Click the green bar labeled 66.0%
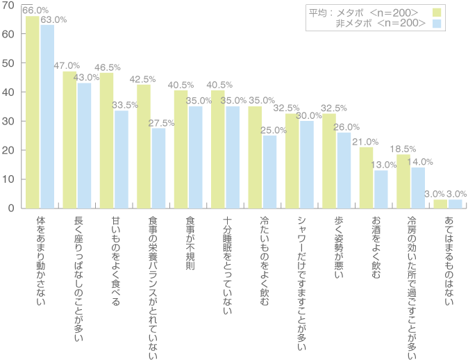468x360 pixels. (33, 111)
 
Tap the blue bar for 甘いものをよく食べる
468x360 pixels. (122, 159)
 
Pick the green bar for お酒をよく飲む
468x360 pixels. (366, 177)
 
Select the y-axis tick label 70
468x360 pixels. (8, 5)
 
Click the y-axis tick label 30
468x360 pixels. (8, 121)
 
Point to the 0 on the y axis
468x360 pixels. (11, 208)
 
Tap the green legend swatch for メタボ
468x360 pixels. (437, 13)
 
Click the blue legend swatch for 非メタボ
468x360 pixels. (437, 24)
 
